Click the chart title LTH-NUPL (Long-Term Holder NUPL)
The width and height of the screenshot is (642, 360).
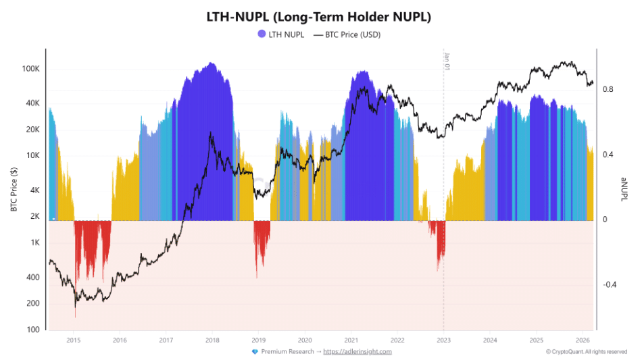pos(320,16)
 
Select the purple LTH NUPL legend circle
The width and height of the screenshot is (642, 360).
pos(261,34)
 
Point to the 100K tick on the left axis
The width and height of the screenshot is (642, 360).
pos(32,69)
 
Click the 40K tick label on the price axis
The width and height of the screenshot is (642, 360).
pos(33,103)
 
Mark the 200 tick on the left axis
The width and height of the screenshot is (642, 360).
pos(34,303)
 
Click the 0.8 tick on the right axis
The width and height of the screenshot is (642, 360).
pos(608,89)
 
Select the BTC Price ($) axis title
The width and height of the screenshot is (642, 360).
pos(14,188)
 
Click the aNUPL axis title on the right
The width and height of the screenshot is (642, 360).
pos(625,188)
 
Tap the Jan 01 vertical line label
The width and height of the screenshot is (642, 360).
pos(447,61)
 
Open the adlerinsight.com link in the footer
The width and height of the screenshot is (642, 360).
pos(357,351)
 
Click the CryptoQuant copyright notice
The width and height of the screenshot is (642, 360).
pos(587,351)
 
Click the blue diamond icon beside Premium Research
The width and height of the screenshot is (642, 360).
pos(254,351)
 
